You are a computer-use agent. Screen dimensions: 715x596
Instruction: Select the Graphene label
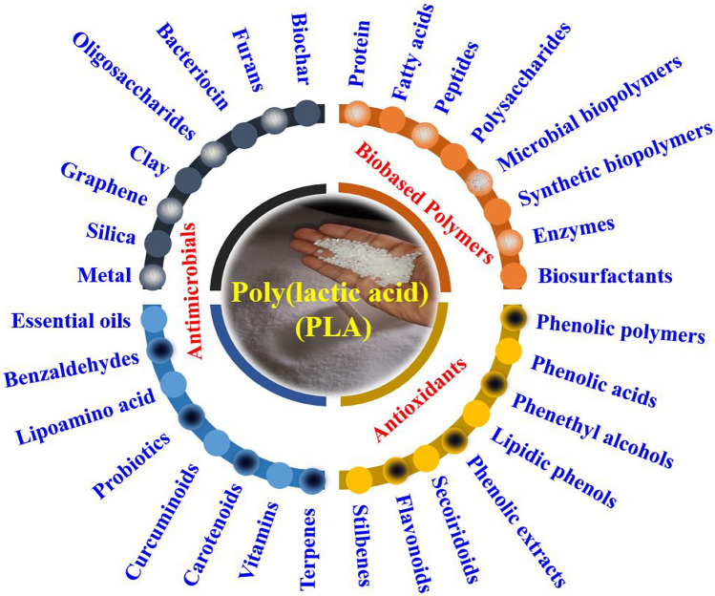(103, 185)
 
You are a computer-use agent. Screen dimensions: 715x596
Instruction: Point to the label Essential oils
(72, 320)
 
